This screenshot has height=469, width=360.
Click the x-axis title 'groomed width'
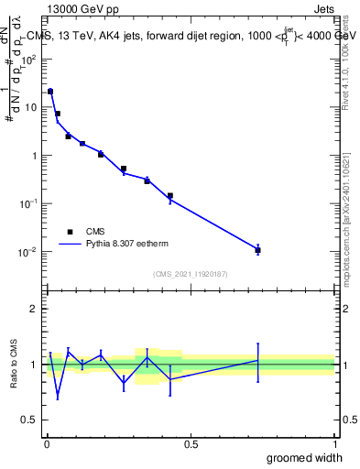299,457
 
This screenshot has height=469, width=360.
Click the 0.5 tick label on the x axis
190,444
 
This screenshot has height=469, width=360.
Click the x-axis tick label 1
334,444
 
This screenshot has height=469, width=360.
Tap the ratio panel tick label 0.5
31,420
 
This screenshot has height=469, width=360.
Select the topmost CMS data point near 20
50,92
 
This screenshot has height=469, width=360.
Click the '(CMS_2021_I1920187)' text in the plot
190,274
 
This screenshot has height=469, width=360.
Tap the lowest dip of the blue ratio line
58,397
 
